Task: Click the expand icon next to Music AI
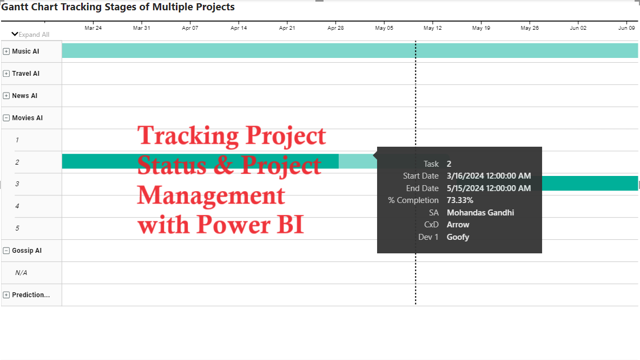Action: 6,51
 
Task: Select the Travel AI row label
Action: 25,74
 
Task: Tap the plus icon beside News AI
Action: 6,96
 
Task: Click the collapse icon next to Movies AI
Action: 6,118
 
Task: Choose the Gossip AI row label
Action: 27,251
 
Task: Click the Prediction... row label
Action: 31,295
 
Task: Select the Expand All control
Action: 31,34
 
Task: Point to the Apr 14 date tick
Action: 239,28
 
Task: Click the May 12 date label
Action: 433,28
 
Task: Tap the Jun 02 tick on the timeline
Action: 578,28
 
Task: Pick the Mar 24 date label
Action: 93,28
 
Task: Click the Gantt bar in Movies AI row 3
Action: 590,184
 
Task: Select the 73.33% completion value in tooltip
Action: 460,200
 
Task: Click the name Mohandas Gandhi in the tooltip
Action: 480,213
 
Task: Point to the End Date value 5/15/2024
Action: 489,188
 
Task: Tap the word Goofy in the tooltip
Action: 458,237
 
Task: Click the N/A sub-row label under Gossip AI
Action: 21,273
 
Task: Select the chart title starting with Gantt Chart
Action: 118,7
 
